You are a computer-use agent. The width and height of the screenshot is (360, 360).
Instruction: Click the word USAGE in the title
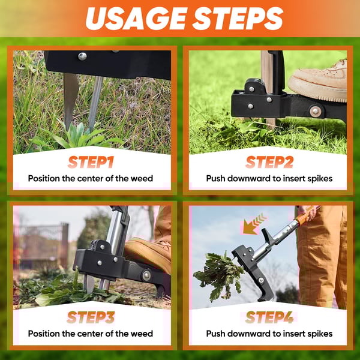[136, 19]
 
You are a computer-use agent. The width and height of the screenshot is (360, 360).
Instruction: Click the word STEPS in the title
[238, 19]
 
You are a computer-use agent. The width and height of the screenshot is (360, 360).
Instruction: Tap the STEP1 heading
[91, 162]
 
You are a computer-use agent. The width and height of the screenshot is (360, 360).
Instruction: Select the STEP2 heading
[269, 162]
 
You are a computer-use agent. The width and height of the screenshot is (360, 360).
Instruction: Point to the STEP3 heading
[91, 317]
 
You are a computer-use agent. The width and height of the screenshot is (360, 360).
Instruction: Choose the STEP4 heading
[269, 317]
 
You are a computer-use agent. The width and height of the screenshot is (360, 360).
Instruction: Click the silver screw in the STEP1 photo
[82, 56]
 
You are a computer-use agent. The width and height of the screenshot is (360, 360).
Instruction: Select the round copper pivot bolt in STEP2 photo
[315, 111]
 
